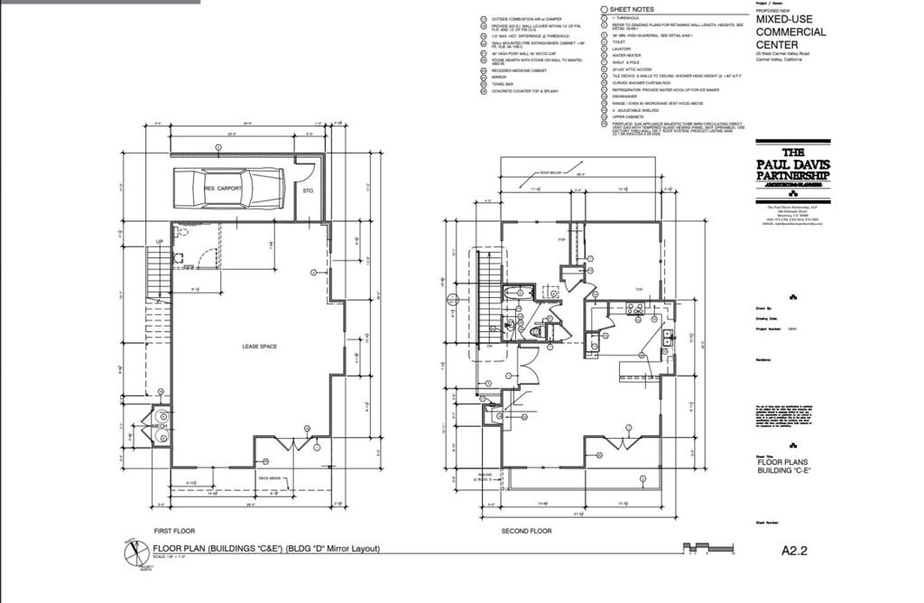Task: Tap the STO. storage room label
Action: [x=307, y=190]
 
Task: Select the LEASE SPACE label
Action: [x=259, y=347]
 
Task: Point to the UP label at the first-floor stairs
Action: [x=160, y=242]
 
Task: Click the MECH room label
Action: [x=159, y=426]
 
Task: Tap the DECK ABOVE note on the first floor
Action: [x=270, y=478]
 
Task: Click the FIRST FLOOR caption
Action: [x=174, y=531]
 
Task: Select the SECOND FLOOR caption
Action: [x=526, y=531]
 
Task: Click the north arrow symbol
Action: [x=134, y=551]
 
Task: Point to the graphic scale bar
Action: [x=709, y=548]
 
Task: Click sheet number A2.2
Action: [x=793, y=549]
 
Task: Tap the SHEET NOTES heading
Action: [x=631, y=9]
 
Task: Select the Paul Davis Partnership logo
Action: [x=792, y=164]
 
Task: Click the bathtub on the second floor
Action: [x=518, y=294]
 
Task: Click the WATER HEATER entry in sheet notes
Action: [x=626, y=55]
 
